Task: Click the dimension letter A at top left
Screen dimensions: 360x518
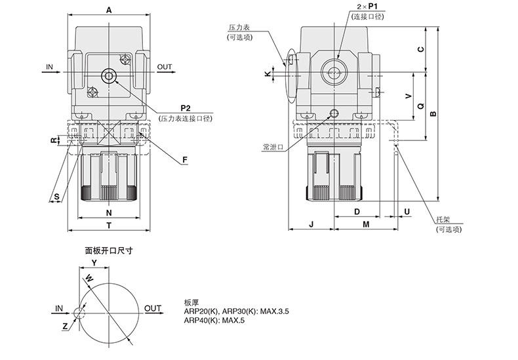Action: coord(109,10)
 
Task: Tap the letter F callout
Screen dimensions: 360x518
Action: coord(186,159)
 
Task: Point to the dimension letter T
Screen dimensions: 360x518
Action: coord(109,225)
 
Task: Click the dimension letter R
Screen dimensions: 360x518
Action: coord(55,140)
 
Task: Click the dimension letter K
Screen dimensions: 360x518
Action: coord(266,74)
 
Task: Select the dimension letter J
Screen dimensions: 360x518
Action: coord(311,224)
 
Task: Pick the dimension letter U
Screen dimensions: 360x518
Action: coord(407,211)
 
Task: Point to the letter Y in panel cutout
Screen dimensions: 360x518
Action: coord(94,262)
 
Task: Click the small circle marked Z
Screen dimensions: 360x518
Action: coord(79,313)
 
